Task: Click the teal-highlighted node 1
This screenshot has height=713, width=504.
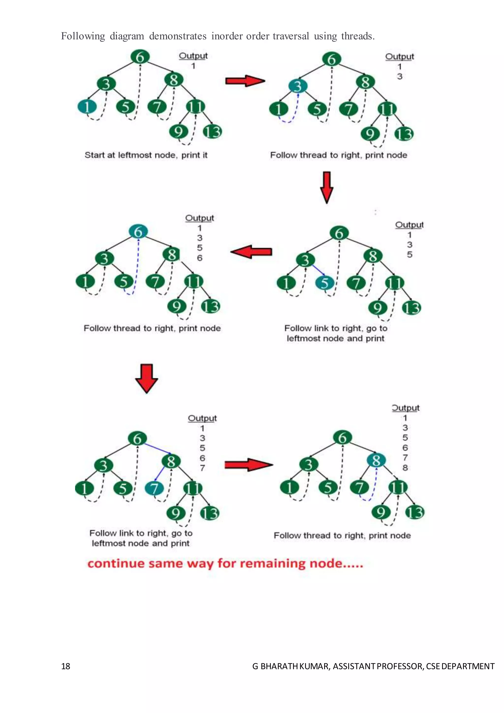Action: coord(87,107)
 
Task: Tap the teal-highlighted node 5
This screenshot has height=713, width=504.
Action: coord(325,283)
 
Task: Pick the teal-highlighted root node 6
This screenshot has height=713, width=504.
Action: coord(138,232)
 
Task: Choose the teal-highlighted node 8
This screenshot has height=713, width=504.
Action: coord(376,460)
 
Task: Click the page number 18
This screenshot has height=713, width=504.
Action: coord(65,666)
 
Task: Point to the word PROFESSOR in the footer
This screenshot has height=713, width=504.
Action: coord(400,666)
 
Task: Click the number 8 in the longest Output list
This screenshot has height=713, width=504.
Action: coord(405,468)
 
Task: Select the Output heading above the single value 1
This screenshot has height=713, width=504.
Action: coord(193,56)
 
